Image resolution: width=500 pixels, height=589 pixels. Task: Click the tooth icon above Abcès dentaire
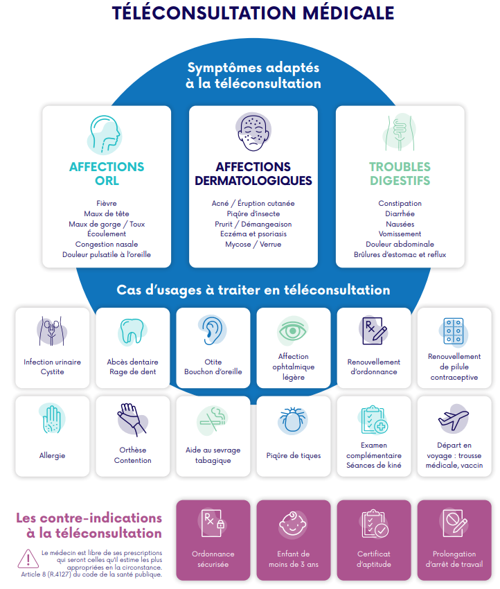tap(132, 331)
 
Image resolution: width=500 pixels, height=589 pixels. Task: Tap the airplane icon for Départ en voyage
tap(454, 419)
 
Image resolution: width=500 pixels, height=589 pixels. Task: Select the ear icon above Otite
tap(212, 330)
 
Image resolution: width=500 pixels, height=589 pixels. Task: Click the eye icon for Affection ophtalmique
tap(293, 330)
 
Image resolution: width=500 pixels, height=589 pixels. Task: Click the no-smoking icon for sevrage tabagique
tap(212, 419)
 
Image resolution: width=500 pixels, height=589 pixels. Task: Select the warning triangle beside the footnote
tap(28, 558)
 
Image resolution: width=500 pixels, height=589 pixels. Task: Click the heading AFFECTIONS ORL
tap(107, 174)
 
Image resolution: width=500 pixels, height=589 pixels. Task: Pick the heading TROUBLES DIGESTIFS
tap(400, 174)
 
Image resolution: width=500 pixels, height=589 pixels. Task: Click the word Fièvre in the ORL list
tap(107, 204)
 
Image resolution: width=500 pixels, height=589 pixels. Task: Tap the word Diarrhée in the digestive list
tap(400, 214)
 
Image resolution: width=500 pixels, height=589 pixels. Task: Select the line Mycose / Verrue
tap(253, 245)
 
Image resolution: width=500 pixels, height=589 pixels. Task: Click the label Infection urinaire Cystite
tap(52, 367)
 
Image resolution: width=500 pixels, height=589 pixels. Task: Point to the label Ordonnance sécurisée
tap(213, 559)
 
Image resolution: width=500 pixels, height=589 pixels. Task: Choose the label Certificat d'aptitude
tap(373, 559)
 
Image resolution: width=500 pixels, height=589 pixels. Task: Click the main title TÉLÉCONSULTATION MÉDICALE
tap(253, 13)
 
